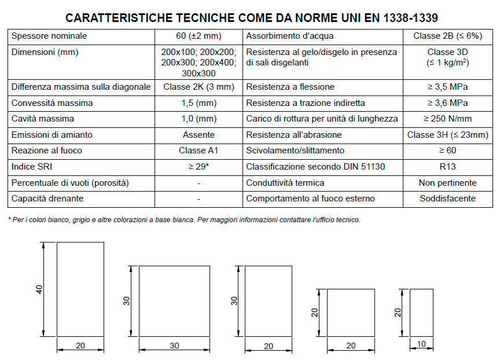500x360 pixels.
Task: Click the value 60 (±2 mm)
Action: pyautogui.click(x=198, y=36)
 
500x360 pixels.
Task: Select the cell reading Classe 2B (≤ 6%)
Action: pyautogui.click(x=447, y=36)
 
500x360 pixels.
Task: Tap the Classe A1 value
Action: pyautogui.click(x=198, y=150)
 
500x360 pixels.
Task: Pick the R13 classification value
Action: pyautogui.click(x=447, y=167)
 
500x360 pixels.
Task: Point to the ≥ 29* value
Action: pyautogui.click(x=198, y=167)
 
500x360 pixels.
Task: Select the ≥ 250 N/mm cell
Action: pyautogui.click(x=447, y=119)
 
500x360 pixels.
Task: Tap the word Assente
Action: pyautogui.click(x=198, y=135)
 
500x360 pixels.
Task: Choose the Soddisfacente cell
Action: pyautogui.click(x=447, y=199)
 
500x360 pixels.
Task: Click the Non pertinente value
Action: pyautogui.click(x=447, y=183)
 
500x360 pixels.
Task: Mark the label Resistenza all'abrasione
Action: pyautogui.click(x=294, y=135)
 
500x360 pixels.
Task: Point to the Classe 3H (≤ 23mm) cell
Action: pyautogui.click(x=447, y=135)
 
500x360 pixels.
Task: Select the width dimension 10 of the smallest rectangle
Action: pyautogui.click(x=421, y=344)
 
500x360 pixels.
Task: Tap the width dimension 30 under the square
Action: pyautogui.click(x=174, y=346)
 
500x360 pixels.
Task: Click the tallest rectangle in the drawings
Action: pyautogui.click(x=80, y=289)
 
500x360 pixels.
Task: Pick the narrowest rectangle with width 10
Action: pyautogui.click(x=421, y=313)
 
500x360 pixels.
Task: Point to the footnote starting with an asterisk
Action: pyautogui.click(x=184, y=220)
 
